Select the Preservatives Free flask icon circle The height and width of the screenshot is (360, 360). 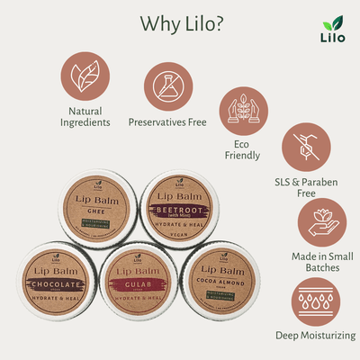(168, 85)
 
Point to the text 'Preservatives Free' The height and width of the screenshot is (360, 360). (169, 121)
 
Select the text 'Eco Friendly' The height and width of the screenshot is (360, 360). (242, 149)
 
